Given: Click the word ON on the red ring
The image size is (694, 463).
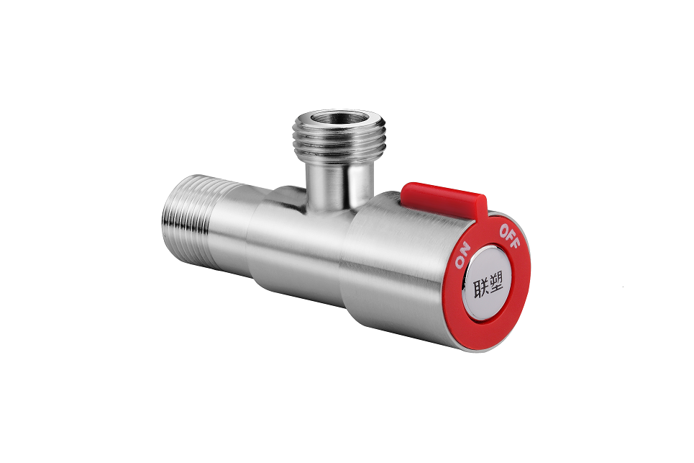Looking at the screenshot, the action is tap(462, 255).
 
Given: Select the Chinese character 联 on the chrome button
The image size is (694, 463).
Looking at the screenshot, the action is tap(482, 289).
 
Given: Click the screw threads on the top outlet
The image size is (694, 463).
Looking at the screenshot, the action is tap(338, 140).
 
